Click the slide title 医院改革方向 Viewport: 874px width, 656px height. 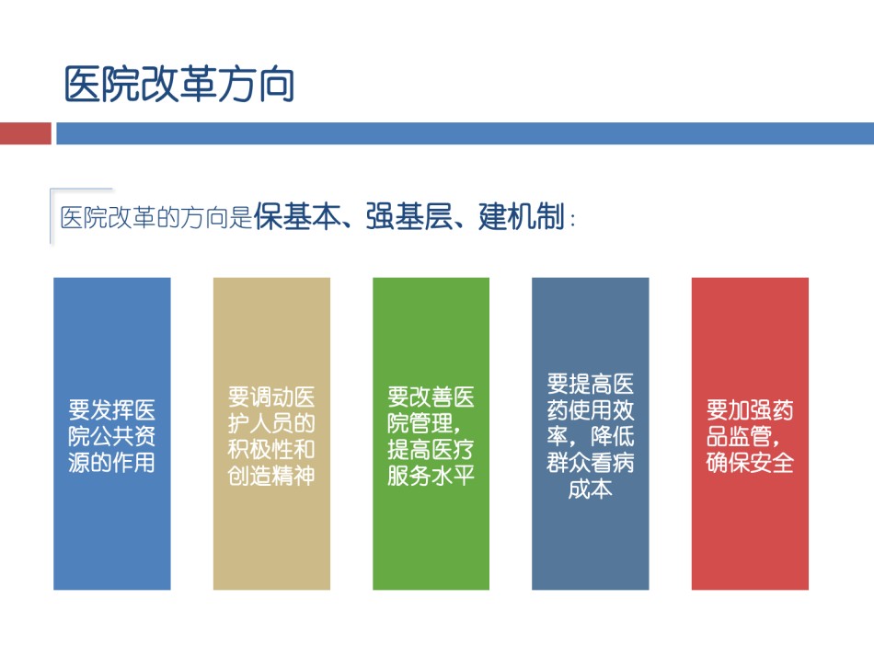[x=178, y=84]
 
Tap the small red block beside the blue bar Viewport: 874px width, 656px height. [x=26, y=133]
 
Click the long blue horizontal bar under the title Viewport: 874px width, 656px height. [x=465, y=133]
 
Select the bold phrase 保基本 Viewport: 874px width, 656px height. [x=297, y=217]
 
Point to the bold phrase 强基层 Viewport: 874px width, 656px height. [x=409, y=217]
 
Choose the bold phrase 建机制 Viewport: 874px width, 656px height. [x=522, y=217]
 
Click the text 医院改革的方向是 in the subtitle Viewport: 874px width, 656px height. [x=156, y=217]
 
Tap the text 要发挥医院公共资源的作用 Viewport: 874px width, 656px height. [x=111, y=436]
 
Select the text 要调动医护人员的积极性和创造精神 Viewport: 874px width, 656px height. [x=271, y=436]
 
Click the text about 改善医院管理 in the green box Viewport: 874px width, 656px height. [x=431, y=436]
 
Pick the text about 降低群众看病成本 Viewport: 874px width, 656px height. [x=591, y=436]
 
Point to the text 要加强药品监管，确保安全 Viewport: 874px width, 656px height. [x=750, y=436]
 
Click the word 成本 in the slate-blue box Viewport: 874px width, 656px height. [x=591, y=489]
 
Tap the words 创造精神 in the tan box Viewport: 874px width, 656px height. [x=271, y=476]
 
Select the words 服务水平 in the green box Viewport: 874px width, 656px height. [x=431, y=476]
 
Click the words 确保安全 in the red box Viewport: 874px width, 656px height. [x=750, y=463]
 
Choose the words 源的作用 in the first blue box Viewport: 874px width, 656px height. [x=111, y=463]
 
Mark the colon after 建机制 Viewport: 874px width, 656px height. [x=572, y=219]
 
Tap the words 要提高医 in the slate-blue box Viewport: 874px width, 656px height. [x=591, y=384]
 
